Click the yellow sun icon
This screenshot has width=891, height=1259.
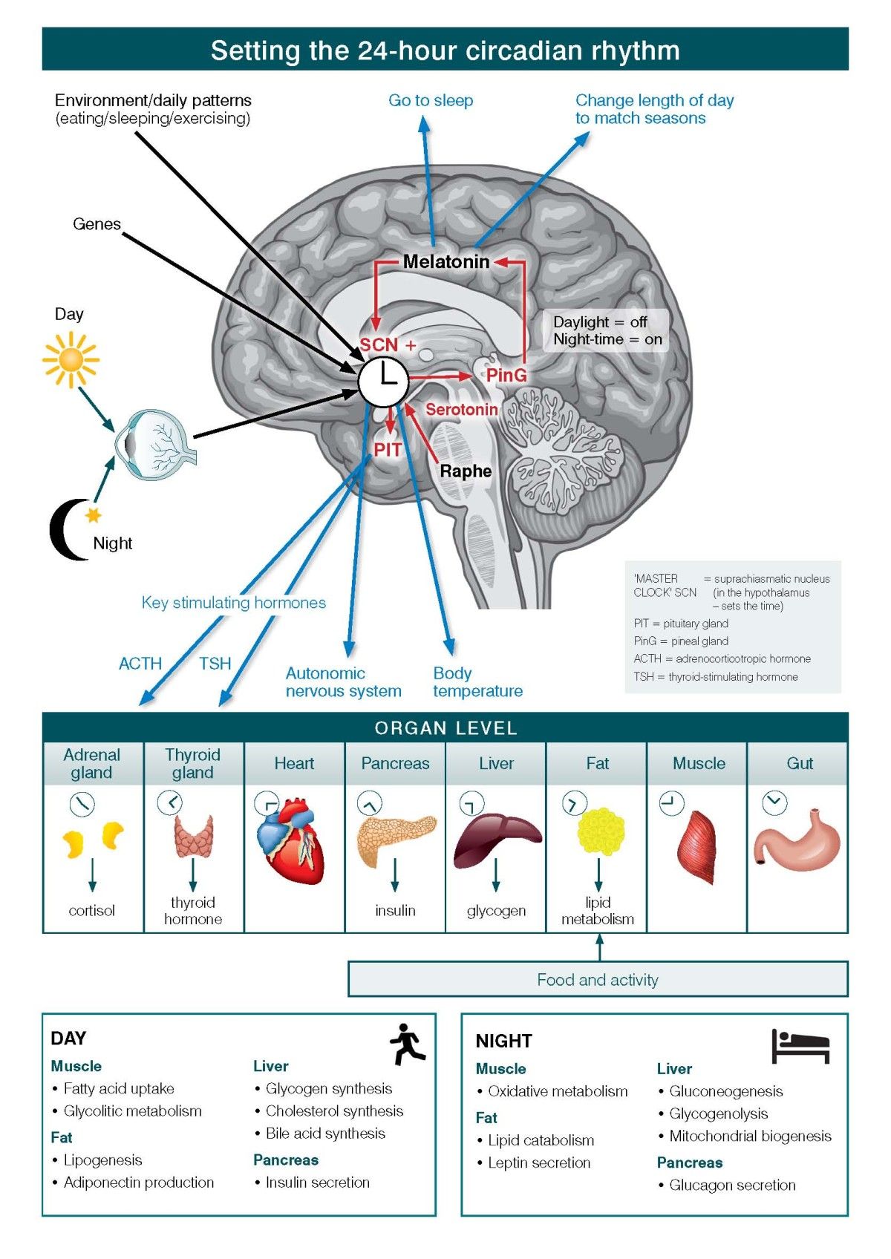[71, 359]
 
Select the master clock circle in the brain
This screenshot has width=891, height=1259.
[383, 382]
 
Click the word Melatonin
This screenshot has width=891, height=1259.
[446, 261]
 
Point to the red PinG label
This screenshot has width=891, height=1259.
[506, 375]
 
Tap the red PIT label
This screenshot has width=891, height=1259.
[387, 450]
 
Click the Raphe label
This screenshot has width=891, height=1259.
[466, 471]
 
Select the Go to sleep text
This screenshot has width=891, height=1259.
[431, 100]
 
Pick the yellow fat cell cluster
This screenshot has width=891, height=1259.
[600, 831]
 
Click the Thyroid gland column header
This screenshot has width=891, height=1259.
[193, 763]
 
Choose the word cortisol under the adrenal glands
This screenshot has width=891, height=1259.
[91, 910]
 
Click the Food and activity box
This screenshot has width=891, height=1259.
[598, 979]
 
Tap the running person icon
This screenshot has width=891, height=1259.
[407, 1044]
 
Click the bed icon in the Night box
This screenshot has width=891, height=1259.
[800, 1046]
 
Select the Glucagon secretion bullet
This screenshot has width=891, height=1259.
[731, 1185]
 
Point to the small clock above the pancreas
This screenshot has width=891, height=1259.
[369, 803]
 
